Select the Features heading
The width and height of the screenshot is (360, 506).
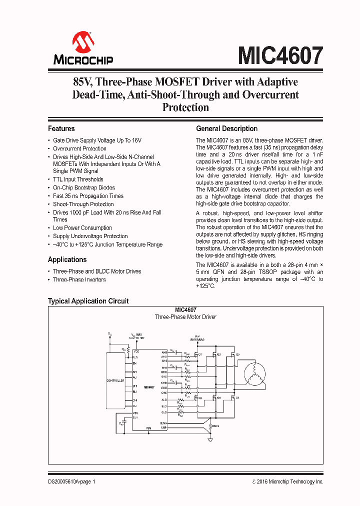(x=61, y=128)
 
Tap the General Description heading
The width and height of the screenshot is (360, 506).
(x=226, y=128)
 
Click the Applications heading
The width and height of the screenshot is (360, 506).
(x=67, y=259)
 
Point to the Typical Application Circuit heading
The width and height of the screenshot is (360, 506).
(x=88, y=301)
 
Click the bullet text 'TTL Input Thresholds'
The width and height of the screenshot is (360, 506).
(x=78, y=179)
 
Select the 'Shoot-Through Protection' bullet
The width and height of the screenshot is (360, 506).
(x=83, y=204)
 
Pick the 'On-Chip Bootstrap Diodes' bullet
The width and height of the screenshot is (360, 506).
(x=84, y=187)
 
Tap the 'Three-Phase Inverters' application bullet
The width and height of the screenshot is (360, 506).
(x=79, y=279)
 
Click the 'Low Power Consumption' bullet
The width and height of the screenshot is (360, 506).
(x=82, y=227)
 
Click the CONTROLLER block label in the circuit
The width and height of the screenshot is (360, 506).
(x=115, y=381)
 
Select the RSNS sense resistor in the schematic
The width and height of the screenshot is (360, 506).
(x=215, y=426)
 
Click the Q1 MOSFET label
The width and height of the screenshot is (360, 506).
(x=200, y=354)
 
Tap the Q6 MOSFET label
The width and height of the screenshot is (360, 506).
(x=237, y=397)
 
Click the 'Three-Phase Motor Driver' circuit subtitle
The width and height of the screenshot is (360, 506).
(x=185, y=317)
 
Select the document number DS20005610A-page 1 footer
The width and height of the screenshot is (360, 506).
(x=71, y=481)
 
